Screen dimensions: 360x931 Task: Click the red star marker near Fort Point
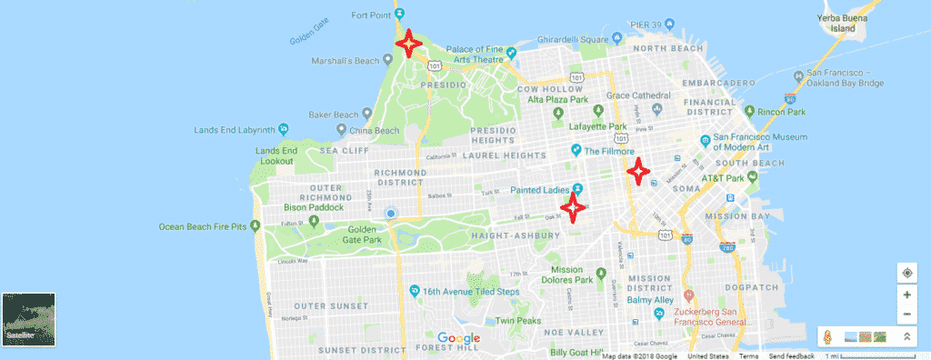click(408, 43)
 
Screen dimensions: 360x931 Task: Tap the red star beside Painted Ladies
click(573, 207)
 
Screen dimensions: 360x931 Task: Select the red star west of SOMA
click(638, 170)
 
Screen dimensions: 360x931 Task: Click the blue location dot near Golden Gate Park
click(391, 214)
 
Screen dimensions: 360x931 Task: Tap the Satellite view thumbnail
click(29, 319)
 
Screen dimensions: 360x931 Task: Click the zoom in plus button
click(906, 295)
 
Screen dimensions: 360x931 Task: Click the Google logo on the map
click(458, 338)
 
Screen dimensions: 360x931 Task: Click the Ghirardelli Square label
click(569, 39)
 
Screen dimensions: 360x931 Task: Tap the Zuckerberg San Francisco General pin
click(689, 296)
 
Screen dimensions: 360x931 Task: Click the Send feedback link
click(790, 355)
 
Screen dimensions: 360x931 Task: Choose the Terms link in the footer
click(748, 355)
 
